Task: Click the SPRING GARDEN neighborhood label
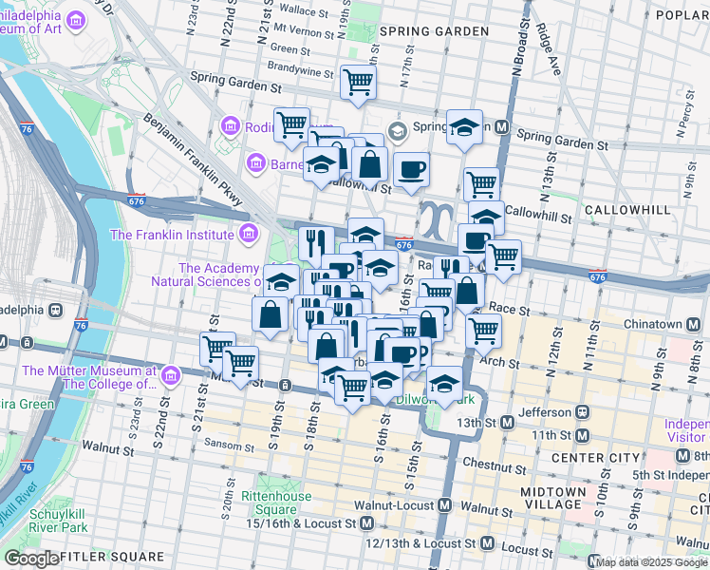point(434,31)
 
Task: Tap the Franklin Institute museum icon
point(248,234)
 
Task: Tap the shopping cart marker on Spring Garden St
point(358,83)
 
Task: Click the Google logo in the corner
point(31,558)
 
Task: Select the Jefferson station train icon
point(580,413)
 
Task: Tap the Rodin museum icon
point(229,126)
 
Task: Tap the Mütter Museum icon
point(170,377)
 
